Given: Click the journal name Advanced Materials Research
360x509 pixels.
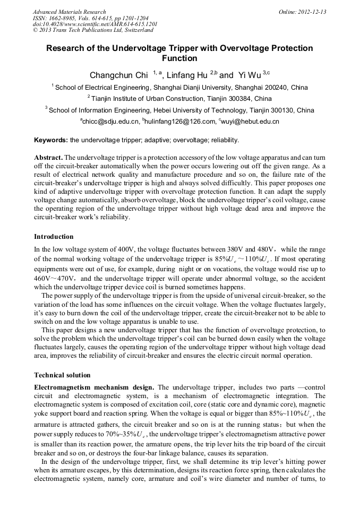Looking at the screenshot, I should [x=69, y=12].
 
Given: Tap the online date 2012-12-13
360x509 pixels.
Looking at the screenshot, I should [x=311, y=12].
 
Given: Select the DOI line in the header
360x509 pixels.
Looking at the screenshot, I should [x=95, y=24].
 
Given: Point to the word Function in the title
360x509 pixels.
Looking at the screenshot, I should [x=179, y=58].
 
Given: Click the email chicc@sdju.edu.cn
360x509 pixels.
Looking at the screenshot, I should [x=110, y=122].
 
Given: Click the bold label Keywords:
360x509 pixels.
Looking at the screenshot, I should [x=50, y=140].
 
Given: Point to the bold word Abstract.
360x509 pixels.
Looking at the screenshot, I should [x=48, y=158].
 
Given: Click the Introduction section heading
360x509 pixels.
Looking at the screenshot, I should [x=54, y=236].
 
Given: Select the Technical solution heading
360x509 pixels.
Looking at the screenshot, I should [x=62, y=375].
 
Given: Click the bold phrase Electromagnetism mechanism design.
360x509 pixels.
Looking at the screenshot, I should [x=94, y=387].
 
